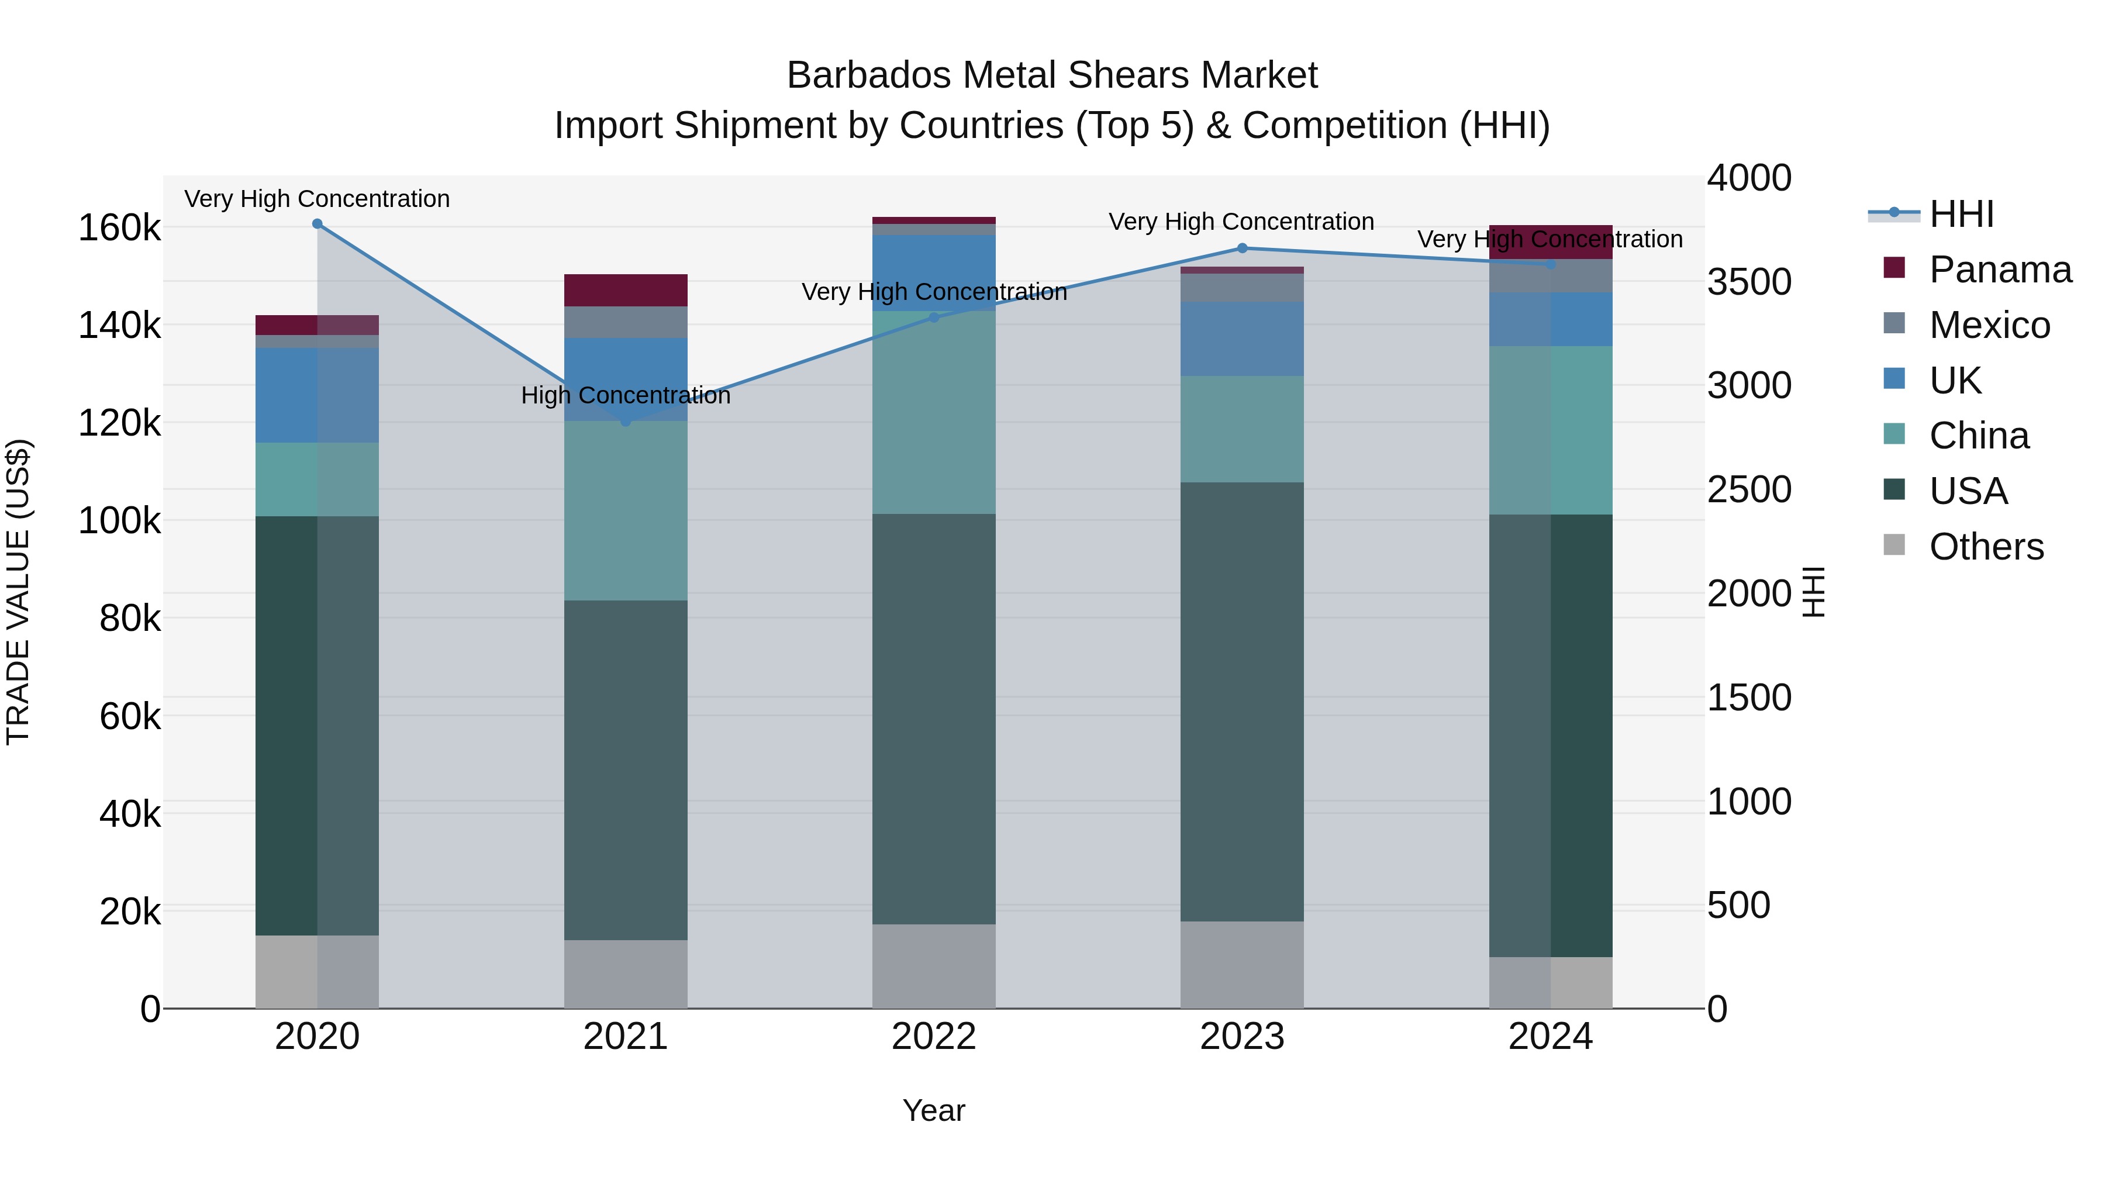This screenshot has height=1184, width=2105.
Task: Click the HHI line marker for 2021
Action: tap(626, 422)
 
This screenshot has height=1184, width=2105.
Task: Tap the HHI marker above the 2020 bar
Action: tap(317, 224)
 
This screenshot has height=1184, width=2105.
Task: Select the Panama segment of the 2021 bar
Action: tap(626, 290)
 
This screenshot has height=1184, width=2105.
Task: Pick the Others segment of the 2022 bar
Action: tap(934, 966)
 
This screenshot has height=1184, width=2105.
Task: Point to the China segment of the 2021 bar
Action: tap(626, 510)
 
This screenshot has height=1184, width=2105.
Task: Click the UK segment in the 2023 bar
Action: tap(1242, 339)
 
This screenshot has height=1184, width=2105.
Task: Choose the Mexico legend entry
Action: tap(1989, 325)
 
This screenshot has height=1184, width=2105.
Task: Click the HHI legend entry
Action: tap(1961, 214)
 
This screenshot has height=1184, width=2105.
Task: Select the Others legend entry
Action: tap(1986, 547)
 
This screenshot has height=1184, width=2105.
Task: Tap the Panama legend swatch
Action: tap(1894, 268)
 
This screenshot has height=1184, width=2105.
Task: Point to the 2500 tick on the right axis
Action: tap(1749, 489)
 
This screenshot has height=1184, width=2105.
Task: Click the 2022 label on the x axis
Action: tap(934, 1037)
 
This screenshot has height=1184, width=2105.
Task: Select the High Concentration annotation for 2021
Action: tap(626, 395)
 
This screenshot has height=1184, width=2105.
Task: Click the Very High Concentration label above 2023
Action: tap(1241, 222)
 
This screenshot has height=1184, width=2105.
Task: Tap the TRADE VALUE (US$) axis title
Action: tap(18, 592)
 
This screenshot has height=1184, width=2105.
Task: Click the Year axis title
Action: tap(934, 1110)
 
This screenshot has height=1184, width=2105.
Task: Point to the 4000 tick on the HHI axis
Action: tap(1749, 178)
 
